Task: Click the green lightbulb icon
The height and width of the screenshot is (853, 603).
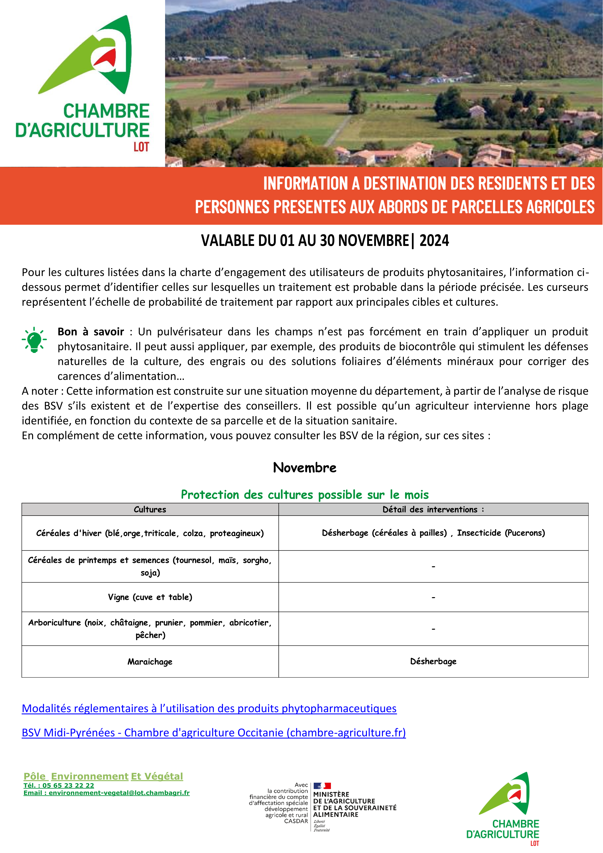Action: (34, 340)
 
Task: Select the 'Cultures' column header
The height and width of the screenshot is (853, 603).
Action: (150, 509)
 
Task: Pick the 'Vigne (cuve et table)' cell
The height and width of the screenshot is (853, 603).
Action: (150, 597)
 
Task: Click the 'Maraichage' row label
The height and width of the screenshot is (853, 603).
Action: (150, 662)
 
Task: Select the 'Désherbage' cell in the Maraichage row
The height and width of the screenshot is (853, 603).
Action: (433, 661)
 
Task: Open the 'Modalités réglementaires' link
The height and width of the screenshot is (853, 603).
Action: (209, 709)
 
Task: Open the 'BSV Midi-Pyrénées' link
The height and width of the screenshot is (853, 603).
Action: (213, 733)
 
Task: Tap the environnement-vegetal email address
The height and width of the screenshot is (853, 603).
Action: (119, 793)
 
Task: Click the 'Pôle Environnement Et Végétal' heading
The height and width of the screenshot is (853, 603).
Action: (103, 776)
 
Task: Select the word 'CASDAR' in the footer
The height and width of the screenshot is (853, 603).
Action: (296, 821)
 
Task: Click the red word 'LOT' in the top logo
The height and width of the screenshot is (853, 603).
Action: (141, 147)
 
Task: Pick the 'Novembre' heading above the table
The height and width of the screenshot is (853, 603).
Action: (304, 467)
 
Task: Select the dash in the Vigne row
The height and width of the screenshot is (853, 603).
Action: (433, 597)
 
